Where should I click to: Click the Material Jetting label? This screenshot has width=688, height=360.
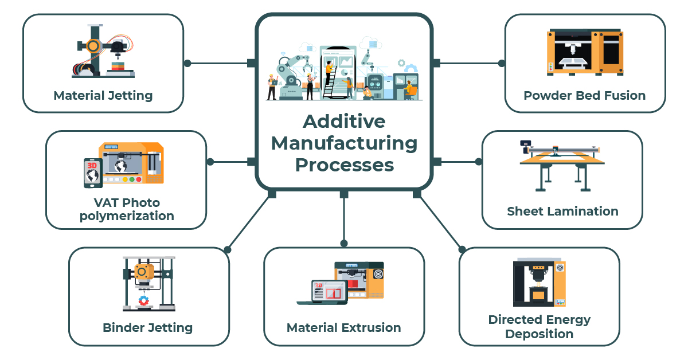coord(103,95)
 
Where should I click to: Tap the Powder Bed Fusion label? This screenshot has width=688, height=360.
coord(584,95)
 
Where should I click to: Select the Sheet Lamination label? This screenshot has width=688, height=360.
coord(562,211)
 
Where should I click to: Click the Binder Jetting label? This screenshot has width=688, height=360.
coord(148,328)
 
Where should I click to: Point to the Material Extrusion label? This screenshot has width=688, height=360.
coord(343,328)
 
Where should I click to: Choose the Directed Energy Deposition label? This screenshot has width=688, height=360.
coord(539,326)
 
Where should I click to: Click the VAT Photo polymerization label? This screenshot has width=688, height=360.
coord(127,209)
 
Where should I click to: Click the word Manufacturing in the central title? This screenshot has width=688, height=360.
coord(344,143)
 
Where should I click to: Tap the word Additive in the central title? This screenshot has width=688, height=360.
coord(344,121)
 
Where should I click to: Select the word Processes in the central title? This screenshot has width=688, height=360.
coord(344,165)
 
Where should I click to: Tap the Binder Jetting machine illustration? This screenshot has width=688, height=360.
coord(148,284)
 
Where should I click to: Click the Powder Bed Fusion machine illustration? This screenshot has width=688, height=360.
coord(585,52)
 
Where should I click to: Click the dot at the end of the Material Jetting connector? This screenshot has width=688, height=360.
coord(187,63)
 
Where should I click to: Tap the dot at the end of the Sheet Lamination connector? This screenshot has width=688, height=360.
coord(479,162)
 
